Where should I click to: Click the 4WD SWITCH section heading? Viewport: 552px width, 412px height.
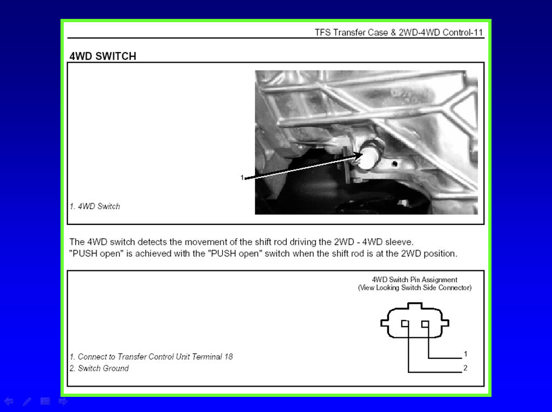click(103, 56)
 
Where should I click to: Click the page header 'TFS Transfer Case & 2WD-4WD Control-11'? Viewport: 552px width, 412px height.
click(399, 32)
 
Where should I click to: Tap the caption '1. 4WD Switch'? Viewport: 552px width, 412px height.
click(95, 206)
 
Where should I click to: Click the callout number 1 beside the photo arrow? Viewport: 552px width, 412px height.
click(242, 177)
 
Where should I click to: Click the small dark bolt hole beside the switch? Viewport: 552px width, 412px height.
click(395, 164)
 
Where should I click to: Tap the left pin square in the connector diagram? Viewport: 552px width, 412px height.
click(405, 323)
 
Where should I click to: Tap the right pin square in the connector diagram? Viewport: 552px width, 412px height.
click(425, 323)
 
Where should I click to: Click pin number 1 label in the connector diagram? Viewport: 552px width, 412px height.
click(466, 354)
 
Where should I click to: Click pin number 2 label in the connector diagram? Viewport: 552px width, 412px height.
click(466, 368)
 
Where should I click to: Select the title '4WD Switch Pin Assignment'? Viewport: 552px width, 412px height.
click(414, 280)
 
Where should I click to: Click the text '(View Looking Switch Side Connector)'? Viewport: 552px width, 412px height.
click(415, 288)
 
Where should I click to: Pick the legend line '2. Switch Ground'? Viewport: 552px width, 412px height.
click(99, 368)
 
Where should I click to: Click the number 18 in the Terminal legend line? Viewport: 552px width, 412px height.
click(228, 357)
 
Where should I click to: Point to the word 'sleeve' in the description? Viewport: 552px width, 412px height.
click(399, 242)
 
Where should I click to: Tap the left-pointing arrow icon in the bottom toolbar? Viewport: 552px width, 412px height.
click(9, 401)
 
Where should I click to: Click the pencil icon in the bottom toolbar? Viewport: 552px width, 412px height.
click(27, 401)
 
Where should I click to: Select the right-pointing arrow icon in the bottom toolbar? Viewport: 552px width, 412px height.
click(63, 401)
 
